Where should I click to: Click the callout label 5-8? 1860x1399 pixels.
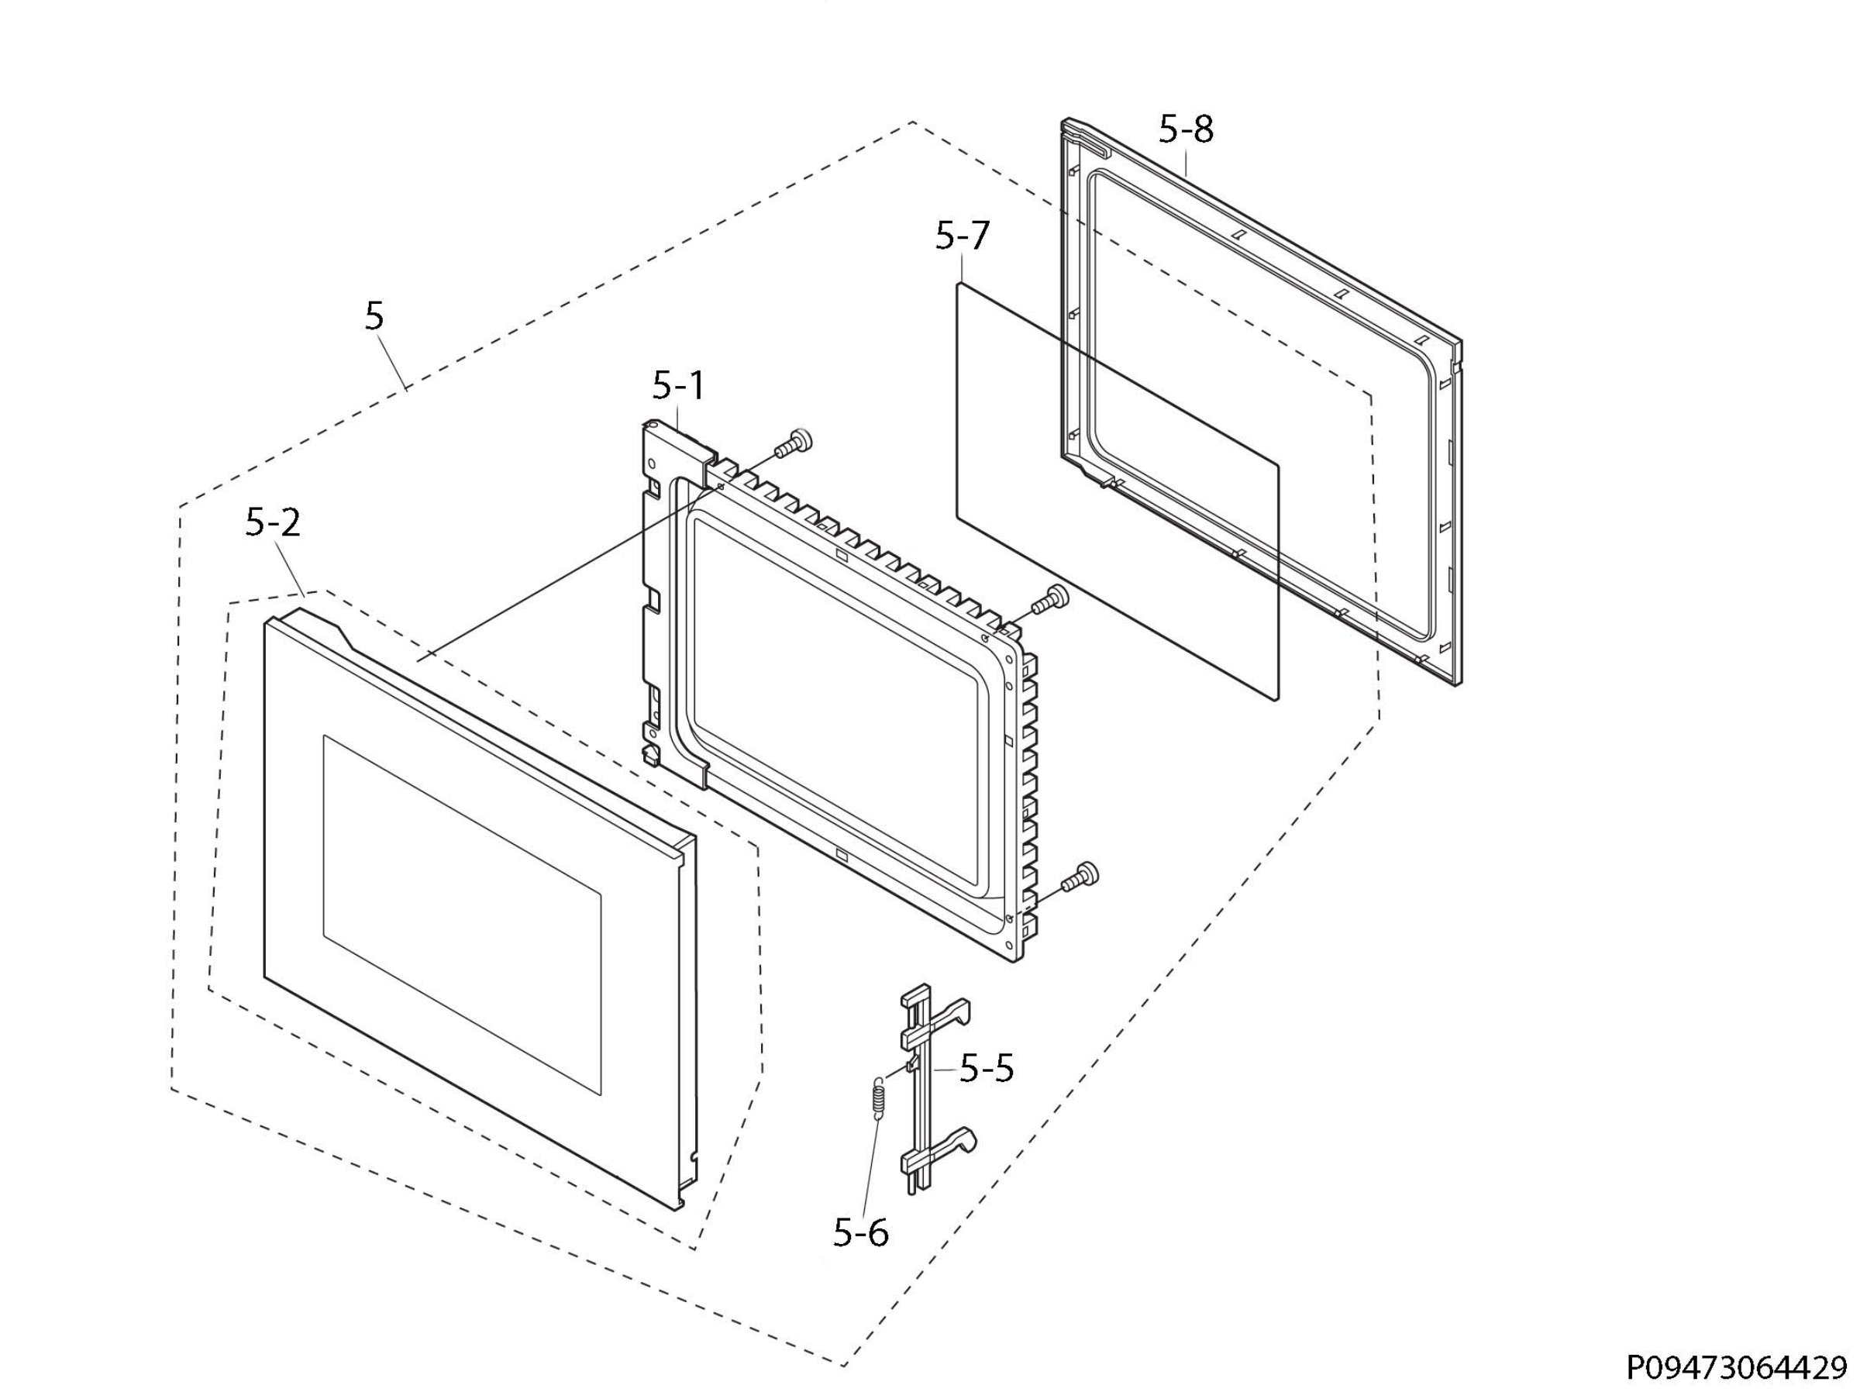click(x=1186, y=130)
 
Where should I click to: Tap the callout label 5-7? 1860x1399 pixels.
click(x=963, y=236)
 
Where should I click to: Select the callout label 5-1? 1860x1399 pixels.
click(x=678, y=386)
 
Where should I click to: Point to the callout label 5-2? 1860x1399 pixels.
click(x=273, y=523)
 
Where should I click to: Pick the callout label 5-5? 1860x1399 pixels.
click(x=987, y=1070)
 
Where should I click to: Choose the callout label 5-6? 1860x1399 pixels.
click(x=860, y=1233)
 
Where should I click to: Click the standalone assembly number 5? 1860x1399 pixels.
click(x=374, y=316)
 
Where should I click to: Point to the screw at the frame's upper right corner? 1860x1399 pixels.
click(x=1049, y=599)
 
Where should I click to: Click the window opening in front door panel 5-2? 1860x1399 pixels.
click(x=462, y=915)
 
